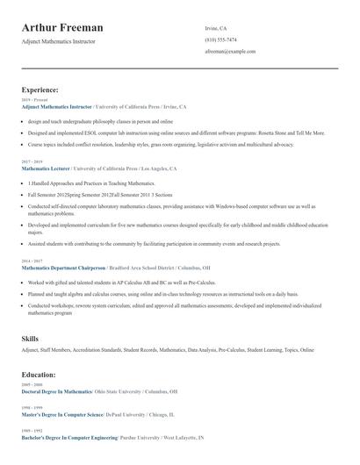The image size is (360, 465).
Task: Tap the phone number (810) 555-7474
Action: pyautogui.click(x=220, y=39)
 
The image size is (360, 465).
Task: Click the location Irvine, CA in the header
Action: pyautogui.click(x=216, y=28)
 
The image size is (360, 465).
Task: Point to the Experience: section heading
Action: pyautogui.click(x=40, y=89)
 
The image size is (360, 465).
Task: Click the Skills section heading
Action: pyautogui.click(x=30, y=338)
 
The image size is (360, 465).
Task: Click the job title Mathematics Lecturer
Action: pyautogui.click(x=46, y=168)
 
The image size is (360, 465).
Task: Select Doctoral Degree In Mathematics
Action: pyautogui.click(x=56, y=390)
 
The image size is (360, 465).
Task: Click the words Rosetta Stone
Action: pyautogui.click(x=278, y=132)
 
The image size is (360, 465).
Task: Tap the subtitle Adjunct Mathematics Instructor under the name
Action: pyautogui.click(x=59, y=42)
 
